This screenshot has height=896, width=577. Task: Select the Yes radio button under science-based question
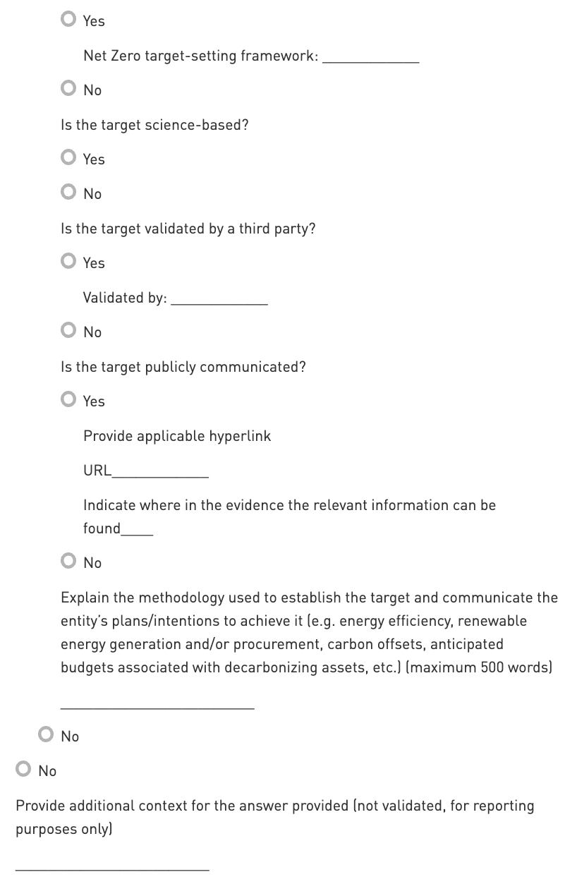click(x=68, y=157)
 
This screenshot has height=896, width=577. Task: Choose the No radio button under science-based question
click(x=68, y=192)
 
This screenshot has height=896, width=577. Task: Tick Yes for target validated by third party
click(x=68, y=261)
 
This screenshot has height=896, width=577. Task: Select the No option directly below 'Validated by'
click(x=68, y=330)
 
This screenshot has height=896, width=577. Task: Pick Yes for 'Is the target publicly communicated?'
click(x=68, y=399)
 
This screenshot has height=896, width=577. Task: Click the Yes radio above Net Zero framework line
click(x=68, y=19)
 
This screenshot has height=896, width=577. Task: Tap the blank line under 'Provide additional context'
click(x=112, y=866)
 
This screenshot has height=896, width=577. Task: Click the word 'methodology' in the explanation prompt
click(x=177, y=598)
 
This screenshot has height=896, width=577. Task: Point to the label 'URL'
click(x=97, y=471)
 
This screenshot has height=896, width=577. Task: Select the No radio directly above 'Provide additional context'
click(x=24, y=769)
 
